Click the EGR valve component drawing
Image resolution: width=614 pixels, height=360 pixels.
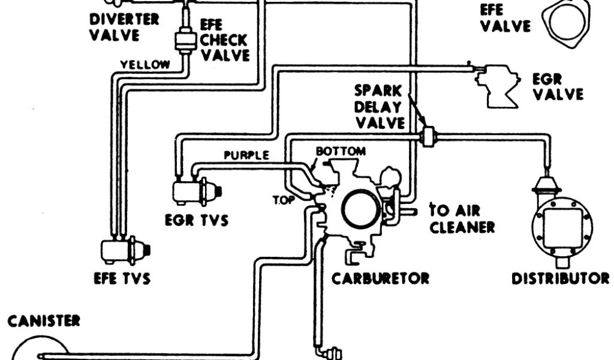[498, 87]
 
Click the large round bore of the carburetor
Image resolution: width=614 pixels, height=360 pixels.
[359, 207]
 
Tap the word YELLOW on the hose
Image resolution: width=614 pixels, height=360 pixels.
[145, 64]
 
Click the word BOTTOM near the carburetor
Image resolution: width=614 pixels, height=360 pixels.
[340, 151]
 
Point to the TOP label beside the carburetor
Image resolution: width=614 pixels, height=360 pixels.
[284, 200]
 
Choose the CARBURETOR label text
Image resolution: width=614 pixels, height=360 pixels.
[381, 278]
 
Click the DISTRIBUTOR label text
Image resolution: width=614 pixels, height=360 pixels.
[560, 278]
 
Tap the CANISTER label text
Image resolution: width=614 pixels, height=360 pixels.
[43, 322]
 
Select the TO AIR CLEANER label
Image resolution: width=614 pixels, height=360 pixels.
[462, 218]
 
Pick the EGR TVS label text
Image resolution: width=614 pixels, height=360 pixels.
[197, 220]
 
